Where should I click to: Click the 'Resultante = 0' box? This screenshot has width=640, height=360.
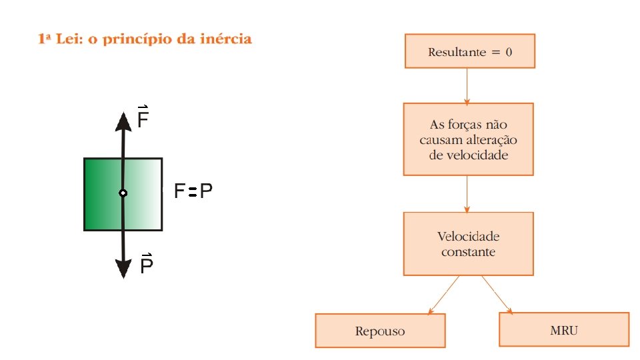470,51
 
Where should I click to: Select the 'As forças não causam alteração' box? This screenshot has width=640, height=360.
468,139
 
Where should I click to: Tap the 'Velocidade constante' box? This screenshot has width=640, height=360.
468,244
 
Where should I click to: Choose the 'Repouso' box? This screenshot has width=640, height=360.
380,331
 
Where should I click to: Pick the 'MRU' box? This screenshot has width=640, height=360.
564,329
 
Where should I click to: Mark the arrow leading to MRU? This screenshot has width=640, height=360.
497,293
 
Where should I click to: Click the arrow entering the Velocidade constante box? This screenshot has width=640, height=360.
467,193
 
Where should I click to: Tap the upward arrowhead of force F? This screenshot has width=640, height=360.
123,121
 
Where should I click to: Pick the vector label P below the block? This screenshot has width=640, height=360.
147,265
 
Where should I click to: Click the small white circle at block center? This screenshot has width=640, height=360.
123,193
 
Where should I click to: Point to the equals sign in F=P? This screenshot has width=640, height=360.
191,193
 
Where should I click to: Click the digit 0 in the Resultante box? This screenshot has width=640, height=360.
509,52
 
